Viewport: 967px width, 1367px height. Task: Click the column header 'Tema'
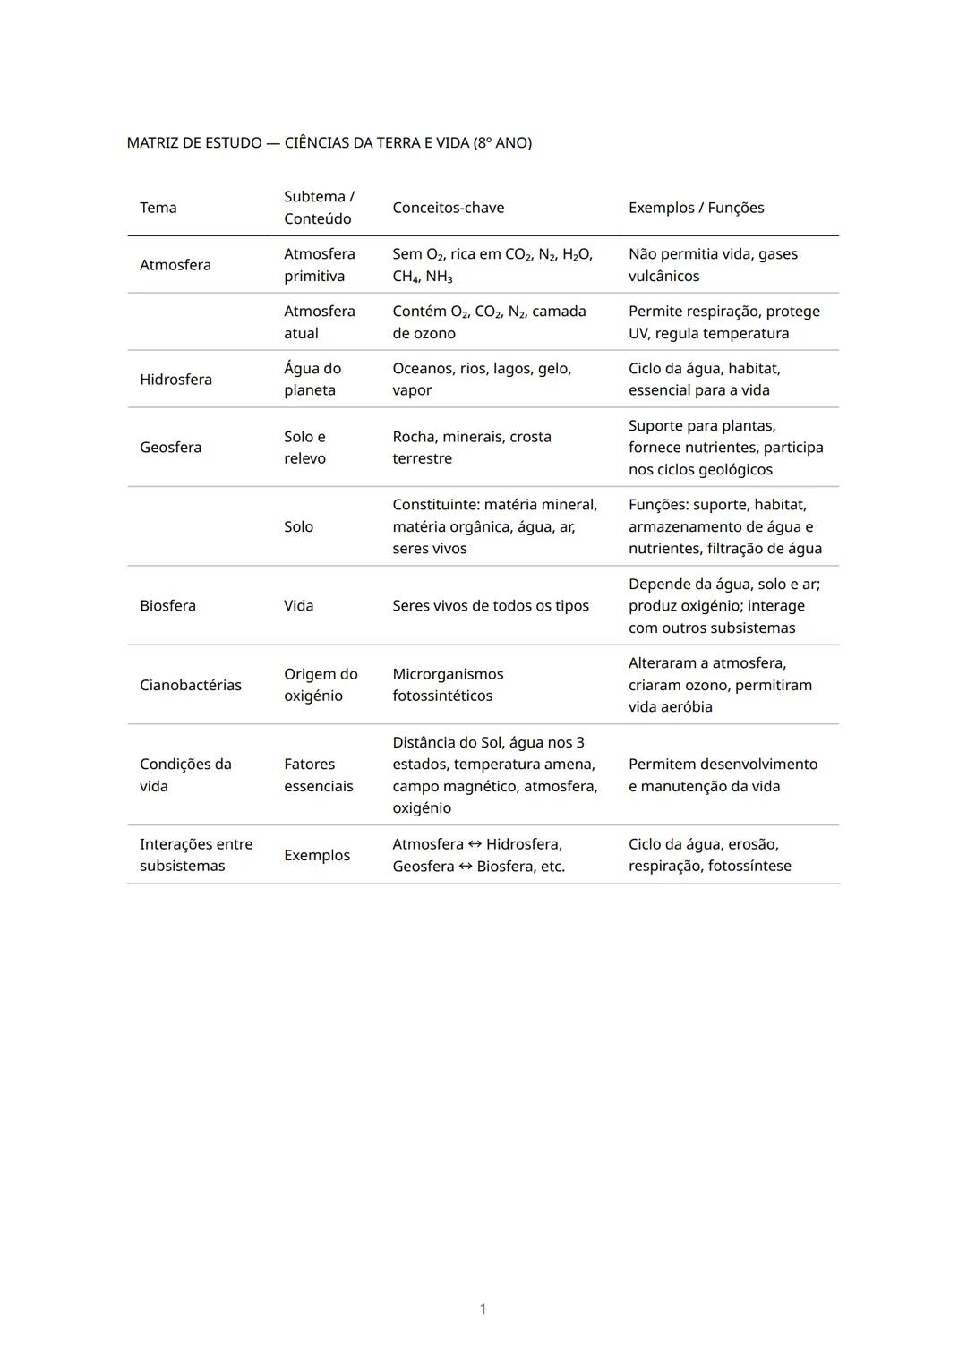158,208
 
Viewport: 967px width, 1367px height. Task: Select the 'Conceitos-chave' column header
448,208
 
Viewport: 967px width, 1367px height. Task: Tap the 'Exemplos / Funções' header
696,208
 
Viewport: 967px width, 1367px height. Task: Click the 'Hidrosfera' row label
175,380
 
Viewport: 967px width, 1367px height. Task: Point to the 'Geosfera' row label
170,448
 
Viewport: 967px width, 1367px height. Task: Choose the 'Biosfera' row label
167,606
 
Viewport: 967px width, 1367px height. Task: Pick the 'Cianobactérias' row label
191,685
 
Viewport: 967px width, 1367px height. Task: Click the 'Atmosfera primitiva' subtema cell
319,265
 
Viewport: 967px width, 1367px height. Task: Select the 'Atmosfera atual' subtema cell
319,322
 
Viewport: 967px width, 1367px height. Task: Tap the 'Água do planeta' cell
312,380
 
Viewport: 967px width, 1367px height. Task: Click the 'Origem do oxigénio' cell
321,685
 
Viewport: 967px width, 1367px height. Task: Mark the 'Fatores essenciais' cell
318,775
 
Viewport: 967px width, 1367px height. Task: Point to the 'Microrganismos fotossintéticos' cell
448,685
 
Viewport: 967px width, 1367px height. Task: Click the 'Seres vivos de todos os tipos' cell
491,606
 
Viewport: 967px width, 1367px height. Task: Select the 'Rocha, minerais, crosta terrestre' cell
472,448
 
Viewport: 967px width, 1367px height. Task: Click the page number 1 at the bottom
483,1310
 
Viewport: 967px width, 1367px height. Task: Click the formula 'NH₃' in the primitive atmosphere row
439,277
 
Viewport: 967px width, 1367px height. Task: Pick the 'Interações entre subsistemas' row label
196,855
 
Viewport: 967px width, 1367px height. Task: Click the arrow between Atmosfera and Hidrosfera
475,844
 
